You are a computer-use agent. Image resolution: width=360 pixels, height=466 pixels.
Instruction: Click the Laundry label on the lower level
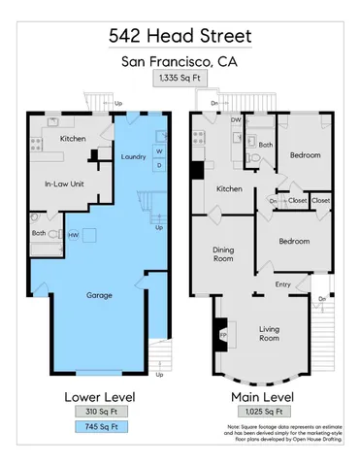[x=133, y=157]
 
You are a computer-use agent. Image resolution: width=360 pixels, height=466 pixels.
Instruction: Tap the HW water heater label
[x=74, y=234]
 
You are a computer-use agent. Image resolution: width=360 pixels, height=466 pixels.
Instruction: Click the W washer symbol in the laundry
[x=158, y=150]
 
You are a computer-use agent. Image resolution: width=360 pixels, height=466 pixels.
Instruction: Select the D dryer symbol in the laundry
[x=158, y=165]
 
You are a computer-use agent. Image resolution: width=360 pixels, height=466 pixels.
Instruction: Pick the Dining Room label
[x=224, y=254]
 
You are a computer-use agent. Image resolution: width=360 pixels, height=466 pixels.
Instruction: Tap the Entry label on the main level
[x=282, y=284]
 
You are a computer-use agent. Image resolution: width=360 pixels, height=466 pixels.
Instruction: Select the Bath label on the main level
[x=266, y=146]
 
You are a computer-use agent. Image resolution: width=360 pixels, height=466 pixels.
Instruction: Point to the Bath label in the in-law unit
[x=39, y=233]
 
